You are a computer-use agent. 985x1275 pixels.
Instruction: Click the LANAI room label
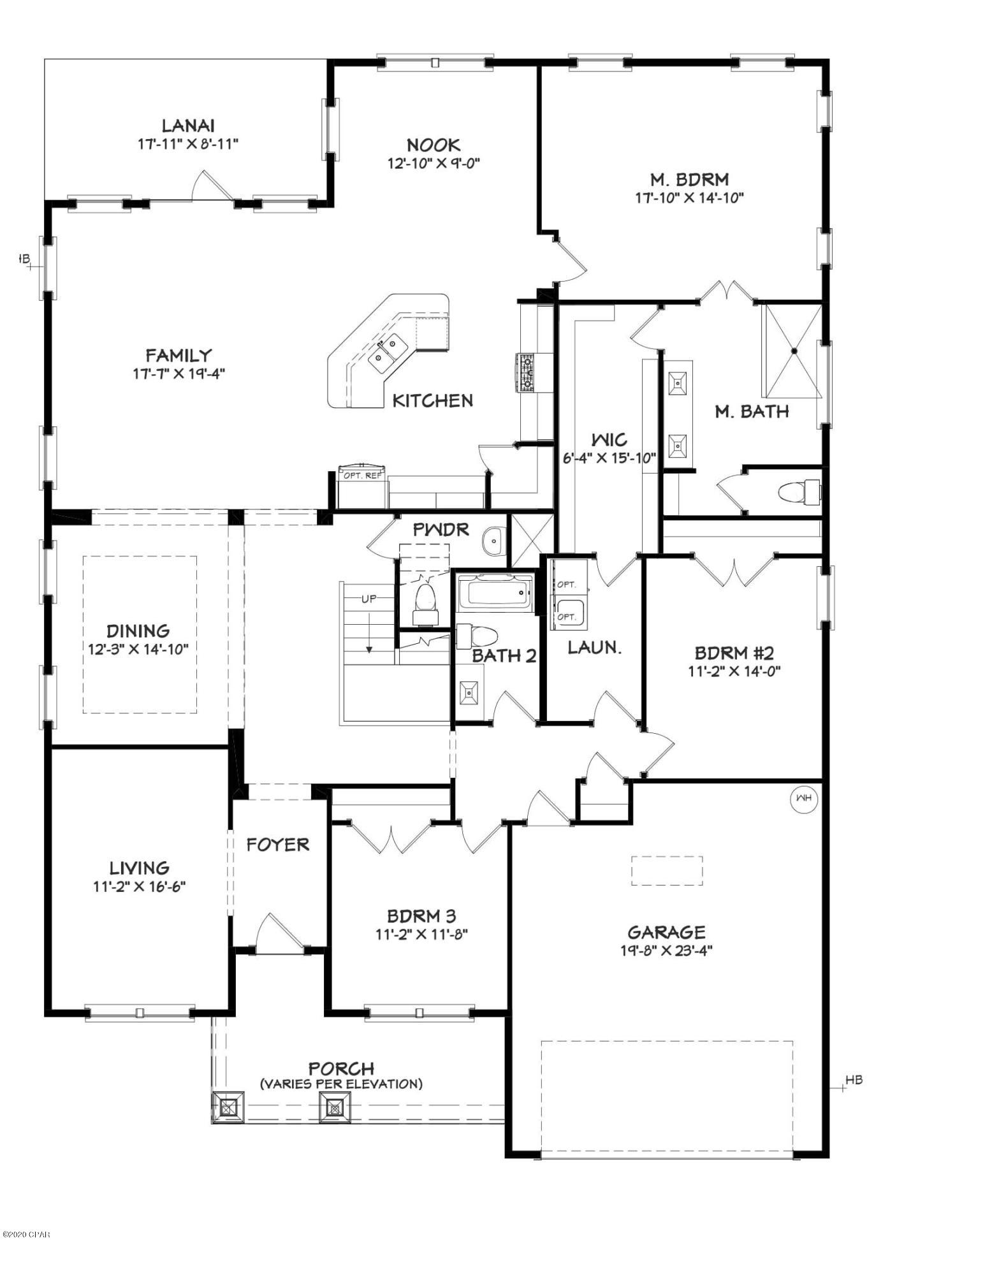coord(187,125)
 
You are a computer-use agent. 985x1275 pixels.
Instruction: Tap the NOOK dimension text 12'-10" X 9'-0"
coord(433,163)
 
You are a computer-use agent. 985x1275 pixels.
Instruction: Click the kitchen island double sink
coord(388,351)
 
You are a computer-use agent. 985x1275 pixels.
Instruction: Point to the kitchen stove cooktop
coord(527,372)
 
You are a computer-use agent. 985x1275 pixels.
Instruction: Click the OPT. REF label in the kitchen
coord(363,475)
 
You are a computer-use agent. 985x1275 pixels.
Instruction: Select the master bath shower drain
coord(794,351)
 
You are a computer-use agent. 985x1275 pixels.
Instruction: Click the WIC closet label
coord(609,439)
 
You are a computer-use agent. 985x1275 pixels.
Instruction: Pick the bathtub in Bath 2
coord(495,592)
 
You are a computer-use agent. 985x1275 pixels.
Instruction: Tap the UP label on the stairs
coord(368,599)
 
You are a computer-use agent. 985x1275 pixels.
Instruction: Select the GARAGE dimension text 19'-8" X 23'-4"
coord(666,951)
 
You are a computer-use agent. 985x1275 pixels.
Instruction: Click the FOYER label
coord(278,845)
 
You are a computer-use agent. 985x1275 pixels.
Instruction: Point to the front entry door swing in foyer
coord(276,933)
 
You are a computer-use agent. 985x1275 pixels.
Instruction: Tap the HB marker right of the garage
coord(853,1080)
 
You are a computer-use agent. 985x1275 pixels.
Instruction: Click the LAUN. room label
coord(594,648)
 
